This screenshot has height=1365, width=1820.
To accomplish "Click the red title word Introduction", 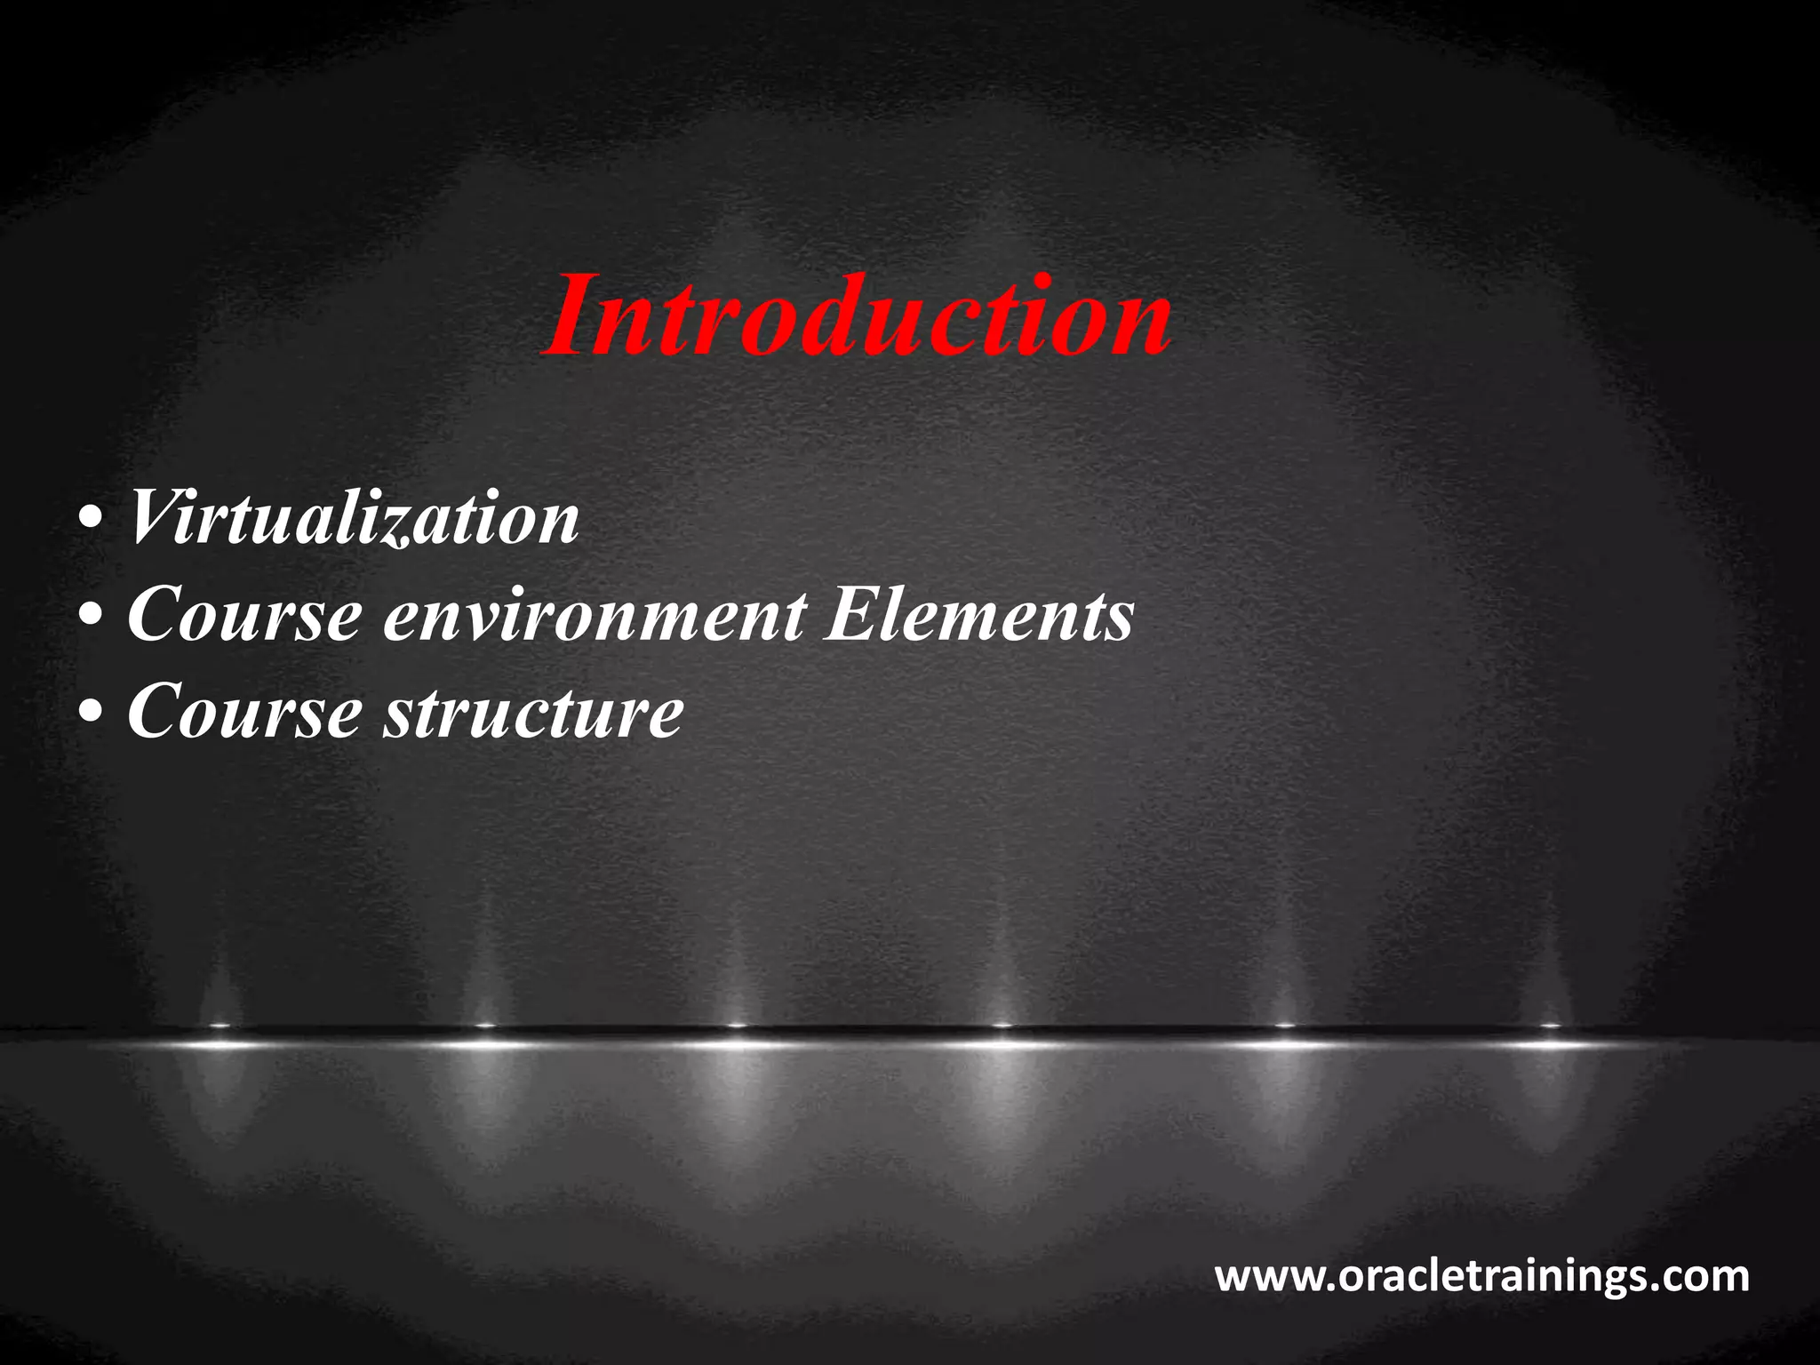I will [858, 316].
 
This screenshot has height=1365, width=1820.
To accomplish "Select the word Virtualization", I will [355, 517].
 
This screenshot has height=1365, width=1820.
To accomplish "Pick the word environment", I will [595, 615].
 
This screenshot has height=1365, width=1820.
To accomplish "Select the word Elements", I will [979, 615].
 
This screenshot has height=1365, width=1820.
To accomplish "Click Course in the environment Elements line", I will [245, 615].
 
